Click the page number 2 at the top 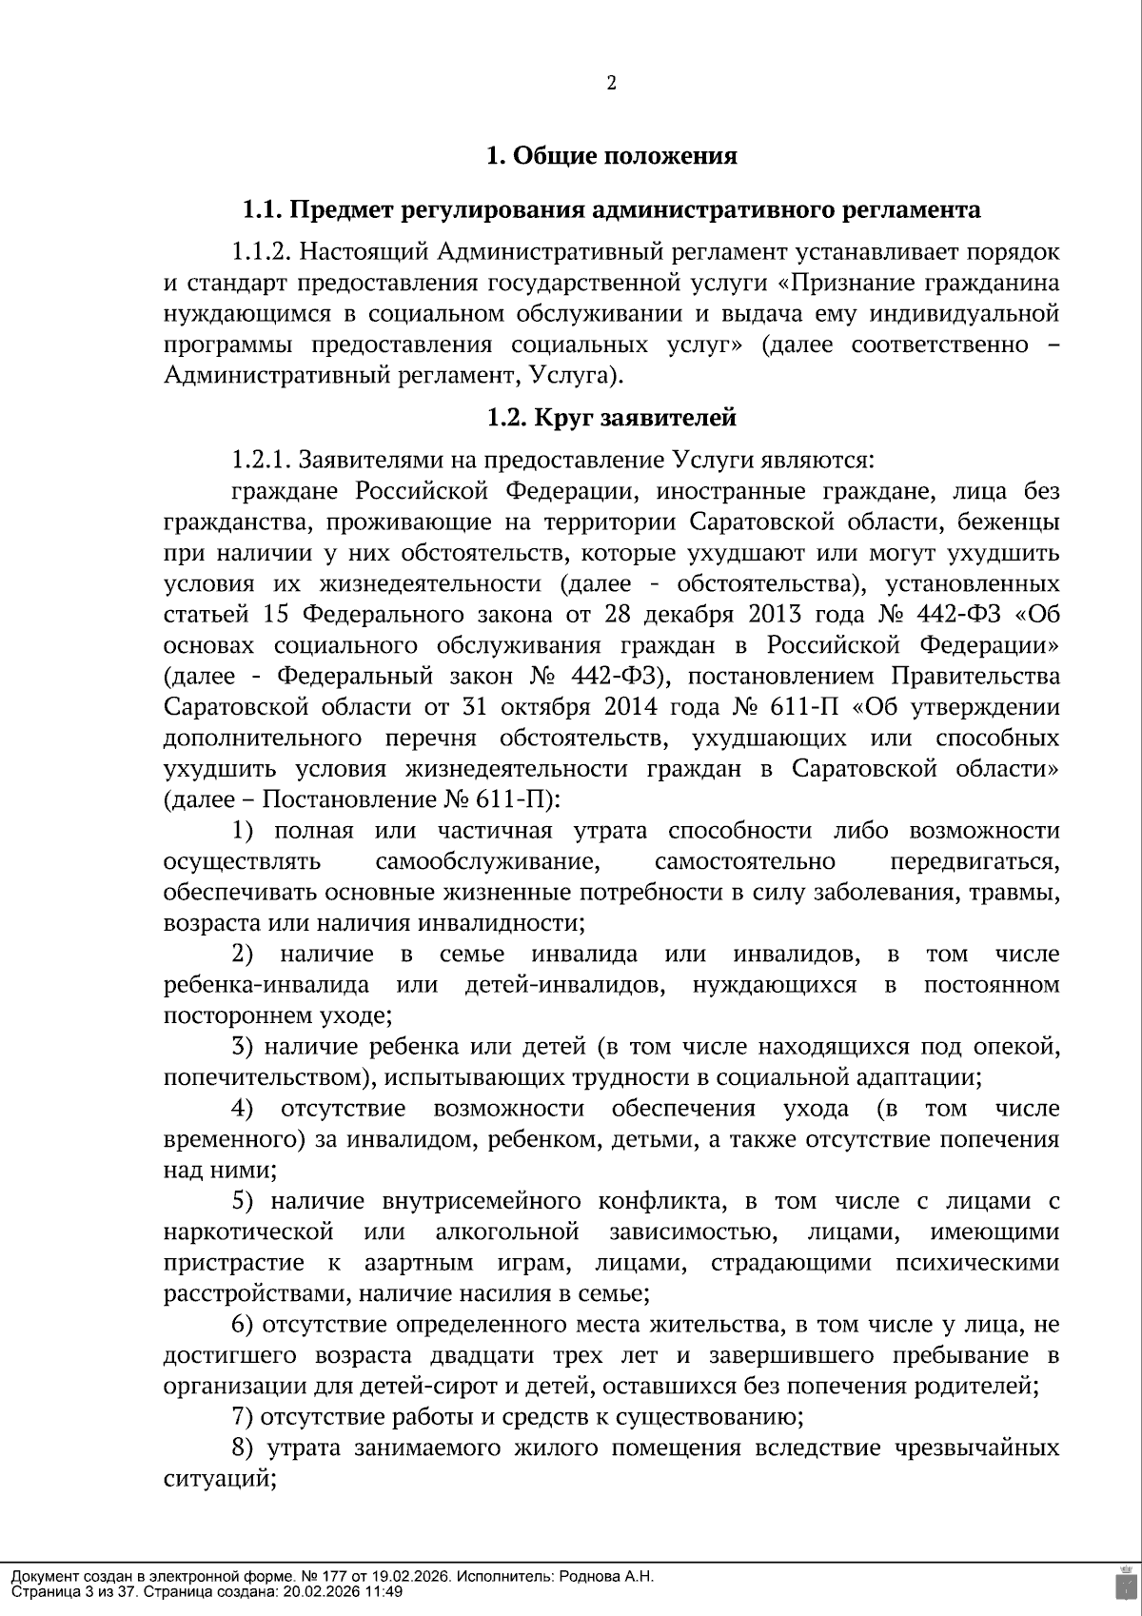pos(611,84)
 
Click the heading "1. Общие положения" pos(611,156)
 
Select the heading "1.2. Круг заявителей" pos(611,418)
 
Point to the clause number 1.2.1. pos(260,461)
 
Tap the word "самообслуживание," pos(487,862)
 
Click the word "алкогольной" pos(507,1233)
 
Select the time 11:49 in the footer pos(384,1591)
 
